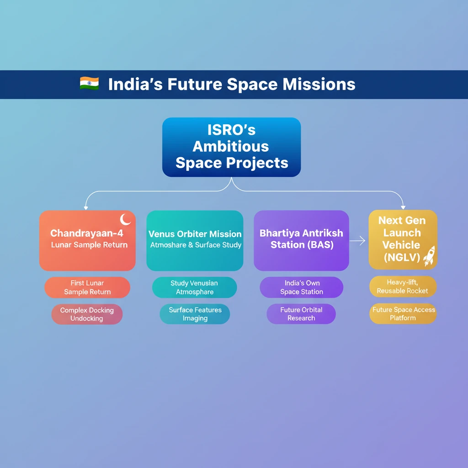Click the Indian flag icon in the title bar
89,84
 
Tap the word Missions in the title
319,85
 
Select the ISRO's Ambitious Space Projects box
231,147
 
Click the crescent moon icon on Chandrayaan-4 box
125,220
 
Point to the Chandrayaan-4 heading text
87,233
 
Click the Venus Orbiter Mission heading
195,234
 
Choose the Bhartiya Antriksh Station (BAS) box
301,240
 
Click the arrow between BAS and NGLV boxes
359,240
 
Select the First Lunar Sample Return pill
87,287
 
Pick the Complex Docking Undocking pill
87,314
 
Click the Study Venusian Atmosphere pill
194,287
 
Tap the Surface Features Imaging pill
195,314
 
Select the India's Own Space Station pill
301,287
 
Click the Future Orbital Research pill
301,314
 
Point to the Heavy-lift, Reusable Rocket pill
402,287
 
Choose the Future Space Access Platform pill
403,314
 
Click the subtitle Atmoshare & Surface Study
196,245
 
